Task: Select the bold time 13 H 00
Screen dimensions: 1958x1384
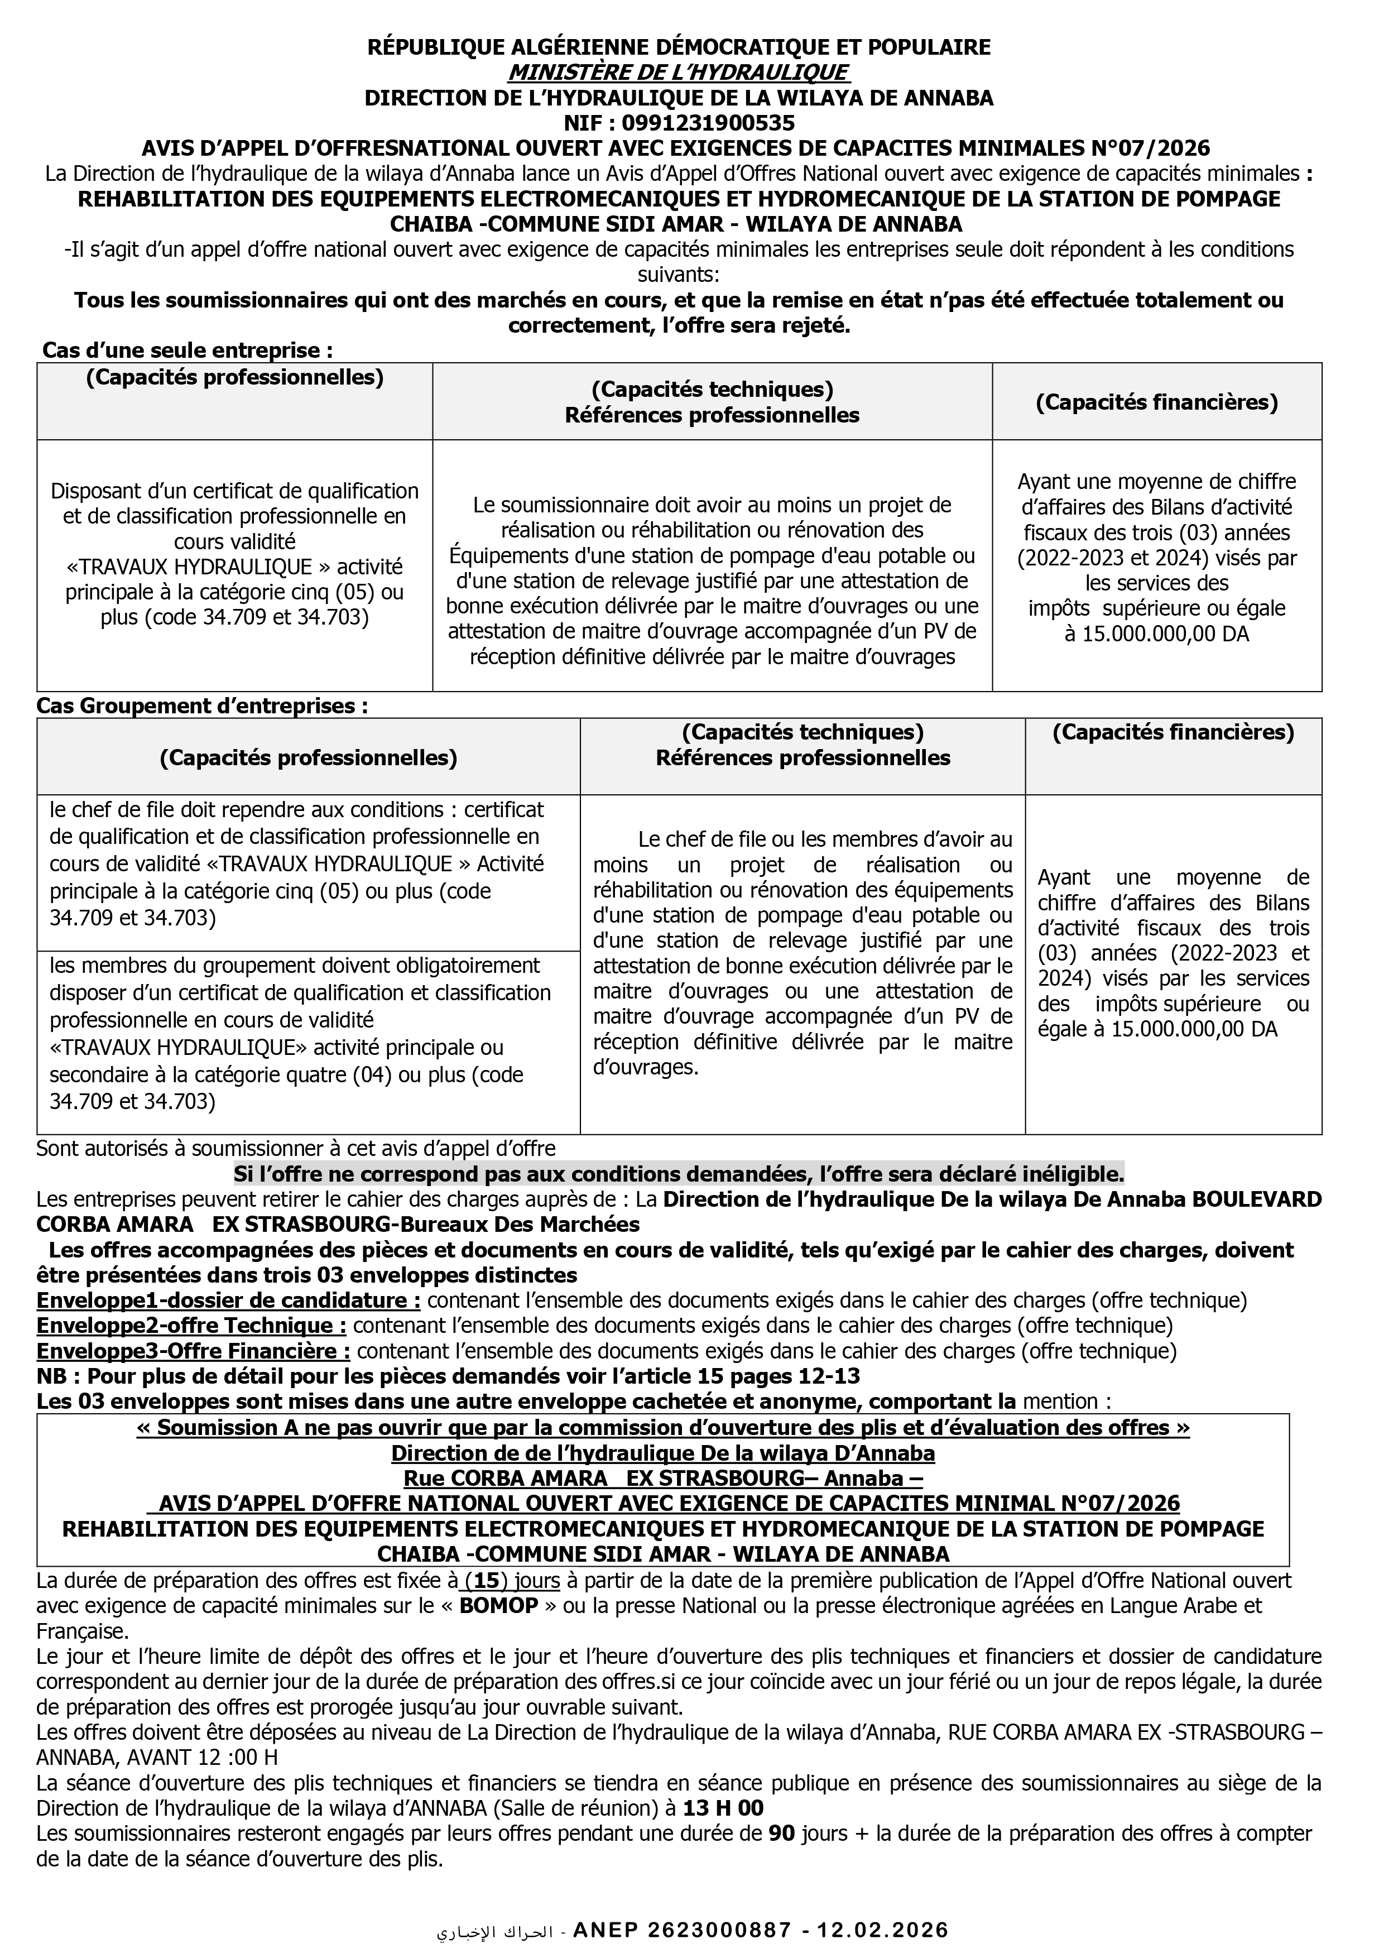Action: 723,1809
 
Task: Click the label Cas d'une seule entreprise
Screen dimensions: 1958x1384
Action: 188,351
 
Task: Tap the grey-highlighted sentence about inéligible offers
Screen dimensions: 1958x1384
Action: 679,1175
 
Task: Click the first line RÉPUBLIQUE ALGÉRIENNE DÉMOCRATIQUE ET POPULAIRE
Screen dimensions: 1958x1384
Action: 679,47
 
